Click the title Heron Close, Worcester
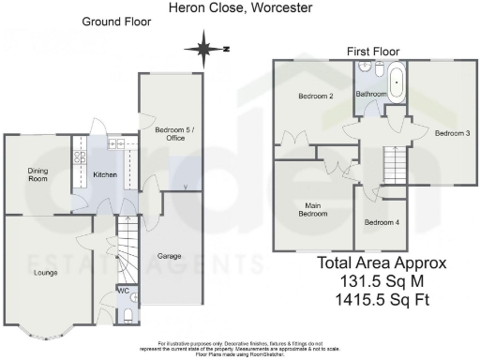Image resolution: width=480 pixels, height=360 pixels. coord(240,7)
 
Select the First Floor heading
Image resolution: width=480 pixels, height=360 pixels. coord(373,51)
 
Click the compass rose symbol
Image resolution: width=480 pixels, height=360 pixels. coord(204,46)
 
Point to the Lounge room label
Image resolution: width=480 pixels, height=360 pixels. coord(45,273)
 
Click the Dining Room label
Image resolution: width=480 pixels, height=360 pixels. coord(37,174)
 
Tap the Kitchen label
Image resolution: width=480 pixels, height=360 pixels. coord(103,175)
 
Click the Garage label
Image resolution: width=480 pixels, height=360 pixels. coord(169,254)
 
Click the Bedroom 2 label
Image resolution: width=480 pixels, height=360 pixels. coord(316,97)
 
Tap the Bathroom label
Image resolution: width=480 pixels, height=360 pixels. coord(372,95)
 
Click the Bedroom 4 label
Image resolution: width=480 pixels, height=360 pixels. coord(381,222)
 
